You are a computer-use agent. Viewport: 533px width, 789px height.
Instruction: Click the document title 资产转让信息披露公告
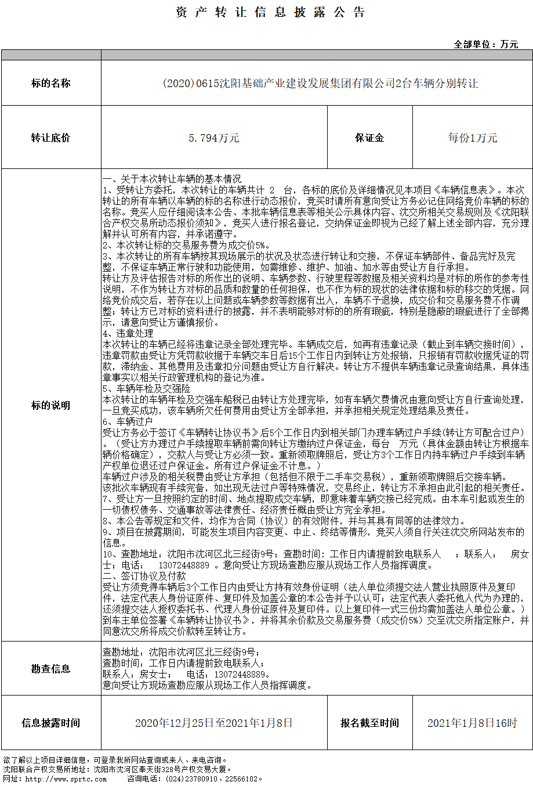[270, 13]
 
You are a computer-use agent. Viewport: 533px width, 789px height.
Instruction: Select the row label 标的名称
[51, 84]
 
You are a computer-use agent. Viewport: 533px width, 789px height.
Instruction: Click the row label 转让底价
[51, 138]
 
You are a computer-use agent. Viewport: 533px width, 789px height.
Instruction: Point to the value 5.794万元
[214, 138]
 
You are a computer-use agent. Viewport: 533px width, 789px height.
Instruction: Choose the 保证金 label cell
[369, 138]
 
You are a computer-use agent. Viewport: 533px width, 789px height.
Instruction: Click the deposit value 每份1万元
[473, 138]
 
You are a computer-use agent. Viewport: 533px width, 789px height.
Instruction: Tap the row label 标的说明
[51, 405]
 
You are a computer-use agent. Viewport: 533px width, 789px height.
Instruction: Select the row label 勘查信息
[51, 669]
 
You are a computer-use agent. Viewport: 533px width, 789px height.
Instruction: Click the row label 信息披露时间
[51, 723]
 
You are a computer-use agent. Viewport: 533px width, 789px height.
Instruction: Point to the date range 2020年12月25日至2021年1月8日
[214, 723]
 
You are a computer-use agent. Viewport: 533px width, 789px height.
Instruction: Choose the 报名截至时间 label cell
[369, 723]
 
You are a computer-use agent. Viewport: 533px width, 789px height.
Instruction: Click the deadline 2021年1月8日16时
[472, 723]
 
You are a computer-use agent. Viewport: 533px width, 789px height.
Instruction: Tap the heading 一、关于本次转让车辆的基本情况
[172, 179]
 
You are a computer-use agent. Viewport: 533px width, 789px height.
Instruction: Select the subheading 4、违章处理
[128, 334]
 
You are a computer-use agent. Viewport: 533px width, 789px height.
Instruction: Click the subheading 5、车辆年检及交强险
[147, 389]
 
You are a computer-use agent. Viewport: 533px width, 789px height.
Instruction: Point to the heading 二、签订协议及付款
[144, 576]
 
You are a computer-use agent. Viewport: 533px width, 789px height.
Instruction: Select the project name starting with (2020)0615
[320, 84]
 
